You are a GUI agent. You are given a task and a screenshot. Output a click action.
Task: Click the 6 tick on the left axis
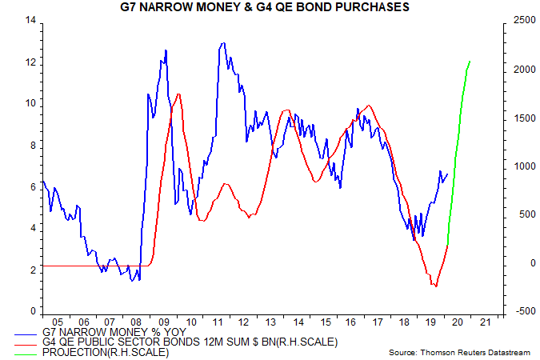tap(33, 186)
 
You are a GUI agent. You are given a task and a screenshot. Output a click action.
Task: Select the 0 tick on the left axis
tap(33, 311)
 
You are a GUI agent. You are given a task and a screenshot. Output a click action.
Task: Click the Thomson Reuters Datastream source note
tap(458, 352)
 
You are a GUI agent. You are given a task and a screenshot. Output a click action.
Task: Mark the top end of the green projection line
tap(470, 61)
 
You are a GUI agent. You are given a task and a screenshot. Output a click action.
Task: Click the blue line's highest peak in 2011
tap(222, 43)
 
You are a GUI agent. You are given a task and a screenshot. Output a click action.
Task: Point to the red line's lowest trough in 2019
tap(435, 286)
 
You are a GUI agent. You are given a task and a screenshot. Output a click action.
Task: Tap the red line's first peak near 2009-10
tap(178, 94)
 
